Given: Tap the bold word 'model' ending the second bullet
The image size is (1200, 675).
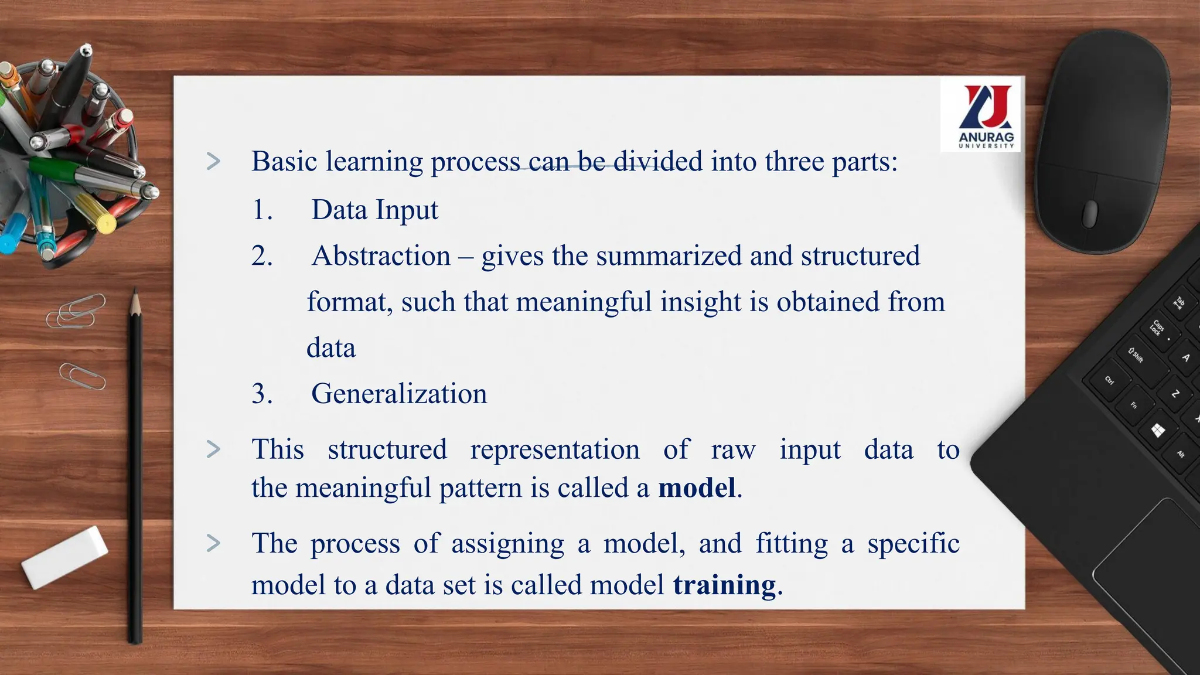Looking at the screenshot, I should tap(697, 488).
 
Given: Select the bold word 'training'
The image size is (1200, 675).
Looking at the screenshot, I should tap(724, 585).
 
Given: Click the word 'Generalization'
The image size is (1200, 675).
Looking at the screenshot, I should tap(399, 394).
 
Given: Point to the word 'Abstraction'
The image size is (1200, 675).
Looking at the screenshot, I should tap(381, 256).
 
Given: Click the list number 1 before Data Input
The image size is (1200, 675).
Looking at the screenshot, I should tap(261, 210).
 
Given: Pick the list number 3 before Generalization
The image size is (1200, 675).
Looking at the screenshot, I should tap(261, 394).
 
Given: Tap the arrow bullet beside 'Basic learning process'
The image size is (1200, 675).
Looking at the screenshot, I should tap(214, 162).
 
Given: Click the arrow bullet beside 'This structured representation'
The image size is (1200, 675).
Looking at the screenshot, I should tap(214, 449).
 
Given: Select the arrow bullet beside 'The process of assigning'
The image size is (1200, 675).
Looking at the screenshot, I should tap(214, 544).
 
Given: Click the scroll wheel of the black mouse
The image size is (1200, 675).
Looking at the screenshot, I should tap(1089, 213).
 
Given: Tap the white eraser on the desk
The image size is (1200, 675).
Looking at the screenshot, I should tap(64, 557).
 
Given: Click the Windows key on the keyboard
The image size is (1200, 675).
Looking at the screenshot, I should tap(1158, 431).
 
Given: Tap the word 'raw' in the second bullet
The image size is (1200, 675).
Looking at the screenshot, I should tap(733, 450).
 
